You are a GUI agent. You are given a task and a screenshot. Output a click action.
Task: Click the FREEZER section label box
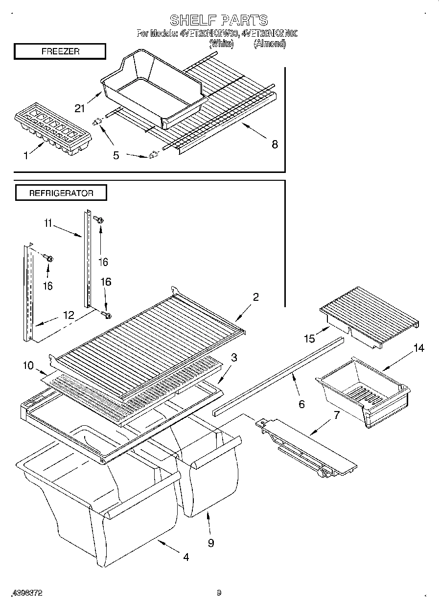60,51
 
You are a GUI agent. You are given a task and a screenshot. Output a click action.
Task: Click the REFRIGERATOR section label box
61,193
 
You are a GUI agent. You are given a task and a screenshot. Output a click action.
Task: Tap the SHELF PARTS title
219,20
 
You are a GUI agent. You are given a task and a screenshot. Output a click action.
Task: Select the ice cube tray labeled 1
53,126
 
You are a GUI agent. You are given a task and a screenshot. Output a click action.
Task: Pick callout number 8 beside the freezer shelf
275,144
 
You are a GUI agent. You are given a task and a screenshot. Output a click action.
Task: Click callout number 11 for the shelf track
47,223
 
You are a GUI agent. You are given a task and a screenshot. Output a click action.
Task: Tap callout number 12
69,316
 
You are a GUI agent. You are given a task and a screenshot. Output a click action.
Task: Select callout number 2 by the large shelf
255,296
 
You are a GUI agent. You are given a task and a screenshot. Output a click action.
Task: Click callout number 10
28,364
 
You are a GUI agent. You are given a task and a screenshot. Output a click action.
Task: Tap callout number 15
309,338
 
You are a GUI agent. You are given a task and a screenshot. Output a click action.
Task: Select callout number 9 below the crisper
211,543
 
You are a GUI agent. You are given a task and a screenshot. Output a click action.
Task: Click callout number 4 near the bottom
186,557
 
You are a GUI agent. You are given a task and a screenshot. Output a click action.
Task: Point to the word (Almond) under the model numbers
269,44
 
